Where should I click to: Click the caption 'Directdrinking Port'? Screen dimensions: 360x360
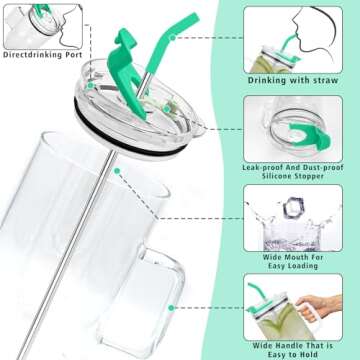[x=43, y=55]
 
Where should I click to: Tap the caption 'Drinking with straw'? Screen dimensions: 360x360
[x=293, y=80]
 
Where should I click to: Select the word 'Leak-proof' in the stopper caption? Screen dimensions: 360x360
[x=262, y=167]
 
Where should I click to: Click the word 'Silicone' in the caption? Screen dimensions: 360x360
[x=277, y=176]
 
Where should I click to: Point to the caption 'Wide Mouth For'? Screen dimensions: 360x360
[x=293, y=257]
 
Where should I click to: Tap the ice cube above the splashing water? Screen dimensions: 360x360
[x=294, y=208]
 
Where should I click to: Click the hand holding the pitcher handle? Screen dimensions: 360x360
[x=319, y=306]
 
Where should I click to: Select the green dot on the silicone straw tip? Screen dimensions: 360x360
[x=173, y=38]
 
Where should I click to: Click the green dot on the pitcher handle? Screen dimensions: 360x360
[x=171, y=308]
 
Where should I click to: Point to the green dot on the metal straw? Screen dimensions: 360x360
[x=117, y=171]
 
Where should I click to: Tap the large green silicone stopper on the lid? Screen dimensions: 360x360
[x=127, y=73]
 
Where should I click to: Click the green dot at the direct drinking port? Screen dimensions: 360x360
[x=90, y=86]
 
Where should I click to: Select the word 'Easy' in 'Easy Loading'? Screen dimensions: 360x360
[x=277, y=266]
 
